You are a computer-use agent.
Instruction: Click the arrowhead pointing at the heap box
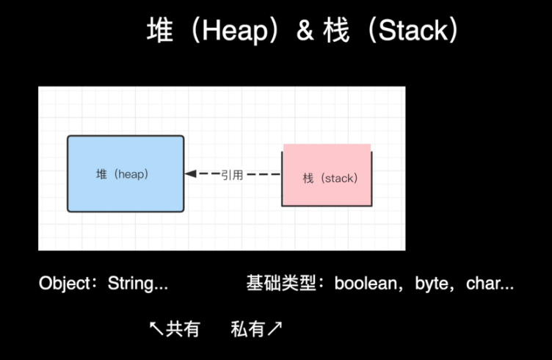[190, 174]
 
